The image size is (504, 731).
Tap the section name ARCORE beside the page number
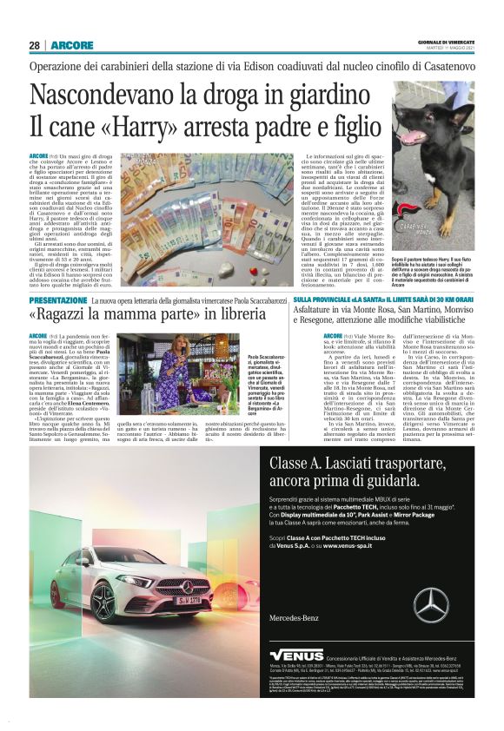(x=72, y=44)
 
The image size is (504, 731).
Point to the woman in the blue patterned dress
(x=173, y=363)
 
